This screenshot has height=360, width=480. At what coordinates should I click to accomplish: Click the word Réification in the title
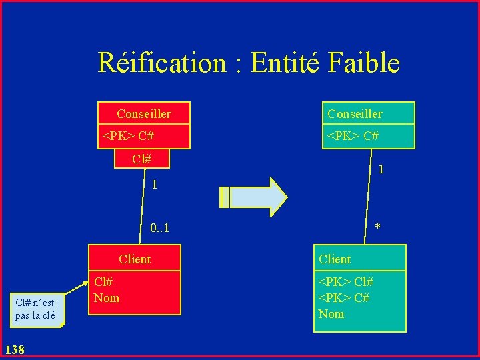coord(163,63)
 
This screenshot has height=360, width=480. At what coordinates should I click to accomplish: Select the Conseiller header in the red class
coord(143,114)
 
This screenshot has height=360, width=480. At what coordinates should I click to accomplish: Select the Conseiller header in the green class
coord(355,114)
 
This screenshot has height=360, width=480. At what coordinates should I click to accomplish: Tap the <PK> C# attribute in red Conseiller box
coord(128,136)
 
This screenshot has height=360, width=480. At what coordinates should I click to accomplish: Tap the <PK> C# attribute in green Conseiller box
coord(353,136)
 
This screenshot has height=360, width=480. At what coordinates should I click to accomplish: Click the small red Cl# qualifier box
coord(141,159)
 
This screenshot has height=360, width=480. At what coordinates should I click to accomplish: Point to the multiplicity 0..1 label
coord(159,229)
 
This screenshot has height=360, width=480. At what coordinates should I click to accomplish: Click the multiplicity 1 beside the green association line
coord(381,170)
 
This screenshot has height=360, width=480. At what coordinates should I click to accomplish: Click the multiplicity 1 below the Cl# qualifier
coord(154,185)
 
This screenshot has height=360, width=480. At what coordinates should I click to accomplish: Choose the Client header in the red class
coord(135,259)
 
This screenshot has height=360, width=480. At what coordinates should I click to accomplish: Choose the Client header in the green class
coord(335,259)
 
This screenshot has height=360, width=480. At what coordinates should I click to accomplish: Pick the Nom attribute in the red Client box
coord(107,298)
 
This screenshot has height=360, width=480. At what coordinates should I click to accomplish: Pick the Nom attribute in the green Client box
coord(331,313)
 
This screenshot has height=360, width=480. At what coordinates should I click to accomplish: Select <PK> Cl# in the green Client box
coord(346,282)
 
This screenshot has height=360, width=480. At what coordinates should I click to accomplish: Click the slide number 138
coord(14,349)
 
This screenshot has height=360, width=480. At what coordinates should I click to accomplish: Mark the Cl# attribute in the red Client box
coord(103,283)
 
